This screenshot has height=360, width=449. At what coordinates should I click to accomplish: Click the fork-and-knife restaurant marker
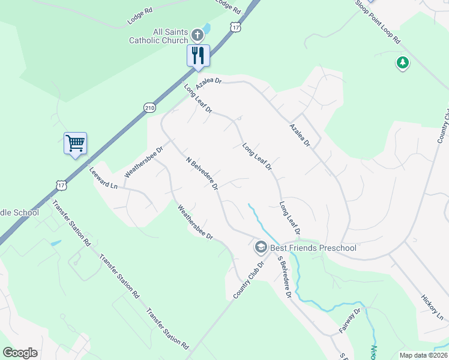pyautogui.click(x=198, y=56)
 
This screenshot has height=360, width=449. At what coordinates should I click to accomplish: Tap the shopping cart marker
pyautogui.click(x=75, y=143)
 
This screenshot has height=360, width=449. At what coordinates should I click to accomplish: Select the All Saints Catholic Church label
pyautogui.click(x=158, y=36)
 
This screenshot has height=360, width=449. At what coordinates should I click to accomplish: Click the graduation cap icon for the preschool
pyautogui.click(x=261, y=247)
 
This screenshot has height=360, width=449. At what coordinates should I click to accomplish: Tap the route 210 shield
pyautogui.click(x=149, y=107)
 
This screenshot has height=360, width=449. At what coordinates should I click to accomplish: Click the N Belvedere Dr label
pyautogui.click(x=202, y=175)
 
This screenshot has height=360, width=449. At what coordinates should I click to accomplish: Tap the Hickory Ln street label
pyautogui.click(x=432, y=307)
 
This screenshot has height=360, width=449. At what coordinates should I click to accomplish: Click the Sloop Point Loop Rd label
pyautogui.click(x=378, y=21)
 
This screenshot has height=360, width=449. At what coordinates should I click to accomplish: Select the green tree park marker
pyautogui.click(x=402, y=62)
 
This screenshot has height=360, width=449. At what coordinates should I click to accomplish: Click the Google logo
pyautogui.click(x=20, y=353)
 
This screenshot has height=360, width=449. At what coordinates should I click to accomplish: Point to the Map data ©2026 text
pyautogui.click(x=423, y=355)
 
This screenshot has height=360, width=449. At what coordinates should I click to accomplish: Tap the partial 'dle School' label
pyautogui.click(x=19, y=212)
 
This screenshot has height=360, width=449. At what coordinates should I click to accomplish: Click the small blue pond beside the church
pyautogui.click(x=206, y=28)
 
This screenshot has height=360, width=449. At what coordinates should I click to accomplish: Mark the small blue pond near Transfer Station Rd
pyautogui.click(x=56, y=244)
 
